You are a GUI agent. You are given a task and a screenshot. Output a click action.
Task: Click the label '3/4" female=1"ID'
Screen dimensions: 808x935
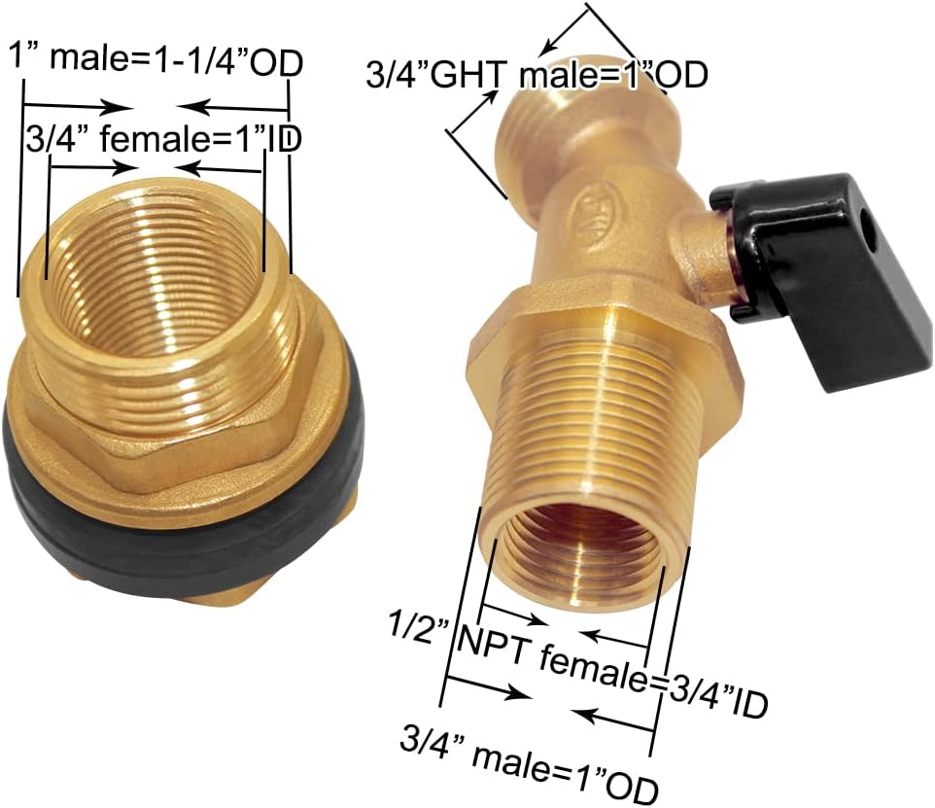point(160,139)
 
